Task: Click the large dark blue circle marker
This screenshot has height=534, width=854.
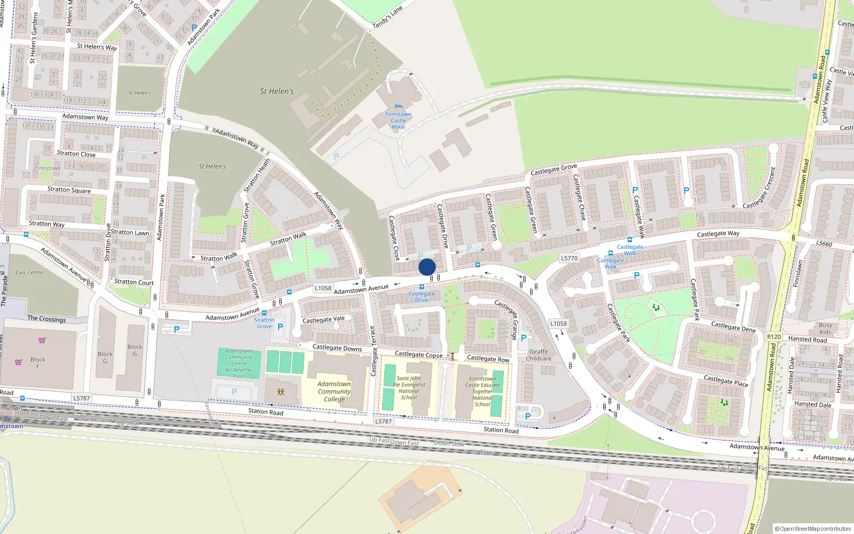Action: (427, 267)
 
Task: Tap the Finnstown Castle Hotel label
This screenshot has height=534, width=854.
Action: (398, 121)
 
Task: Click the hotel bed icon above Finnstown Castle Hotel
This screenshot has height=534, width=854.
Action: (398, 107)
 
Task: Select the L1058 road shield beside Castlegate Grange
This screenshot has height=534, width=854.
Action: (558, 324)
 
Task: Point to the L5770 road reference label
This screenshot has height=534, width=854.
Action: (569, 258)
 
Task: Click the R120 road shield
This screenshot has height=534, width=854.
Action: (773, 337)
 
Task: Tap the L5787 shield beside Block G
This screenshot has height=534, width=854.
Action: (81, 398)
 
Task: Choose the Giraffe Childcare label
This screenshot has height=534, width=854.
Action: (538, 355)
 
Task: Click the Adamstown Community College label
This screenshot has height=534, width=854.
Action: (334, 391)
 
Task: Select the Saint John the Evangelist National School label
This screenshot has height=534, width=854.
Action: (409, 388)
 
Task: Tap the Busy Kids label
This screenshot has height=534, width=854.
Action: (825, 328)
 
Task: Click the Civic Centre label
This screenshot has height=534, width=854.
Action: (29, 272)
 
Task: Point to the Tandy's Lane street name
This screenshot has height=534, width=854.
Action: (388, 18)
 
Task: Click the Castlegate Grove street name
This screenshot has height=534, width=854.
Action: (553, 170)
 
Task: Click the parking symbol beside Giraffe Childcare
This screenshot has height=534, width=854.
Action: (523, 338)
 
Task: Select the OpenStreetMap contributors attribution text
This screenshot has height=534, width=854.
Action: (812, 529)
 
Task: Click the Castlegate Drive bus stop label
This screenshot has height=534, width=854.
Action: (422, 297)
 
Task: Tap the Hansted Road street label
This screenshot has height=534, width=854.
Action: (807, 340)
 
